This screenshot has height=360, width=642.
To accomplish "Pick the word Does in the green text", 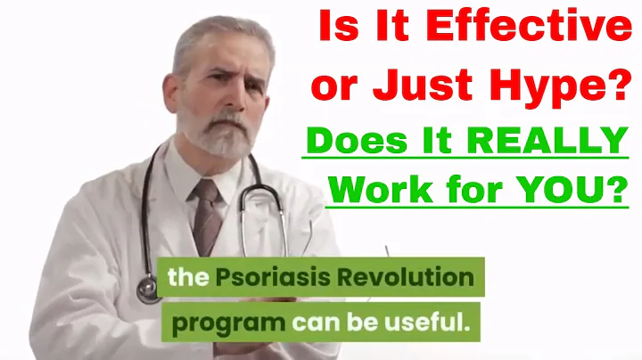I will [343, 142].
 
